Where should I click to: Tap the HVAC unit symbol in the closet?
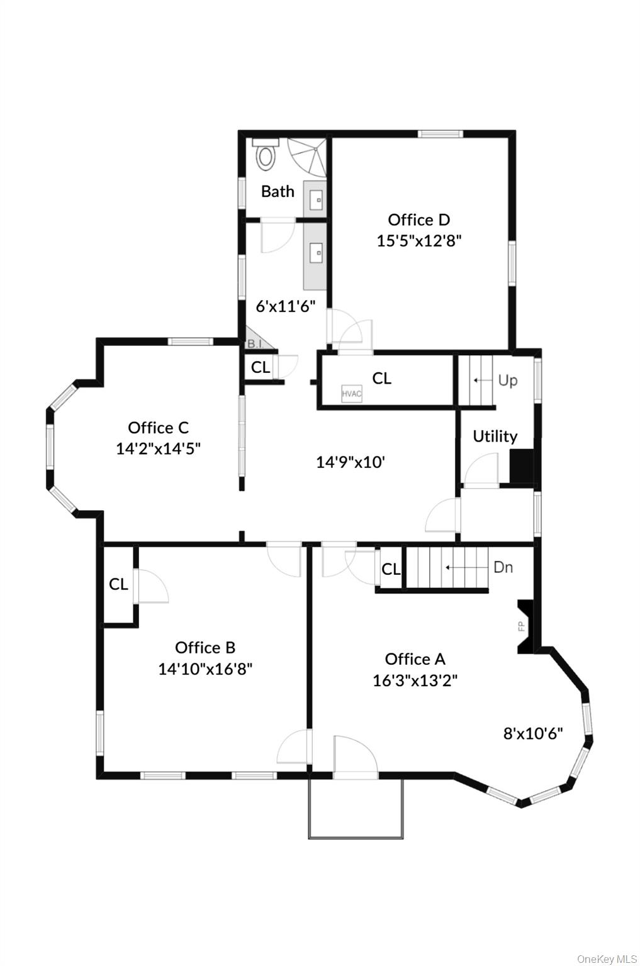click(352, 394)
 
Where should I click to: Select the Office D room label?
click(418, 219)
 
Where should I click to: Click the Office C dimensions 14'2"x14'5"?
click(158, 448)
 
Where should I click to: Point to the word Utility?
click(495, 436)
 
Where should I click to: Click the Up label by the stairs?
click(507, 380)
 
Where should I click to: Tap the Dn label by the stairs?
click(503, 567)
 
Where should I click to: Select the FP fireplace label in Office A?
click(521, 626)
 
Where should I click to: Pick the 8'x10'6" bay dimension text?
click(532, 733)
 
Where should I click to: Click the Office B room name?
click(205, 647)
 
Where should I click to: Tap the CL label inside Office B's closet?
click(118, 584)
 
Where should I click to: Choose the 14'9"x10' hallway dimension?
click(350, 462)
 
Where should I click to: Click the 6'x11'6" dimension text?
click(285, 306)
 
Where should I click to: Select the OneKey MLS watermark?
click(607, 958)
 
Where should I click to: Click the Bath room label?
click(278, 191)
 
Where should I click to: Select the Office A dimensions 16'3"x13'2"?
click(415, 680)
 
